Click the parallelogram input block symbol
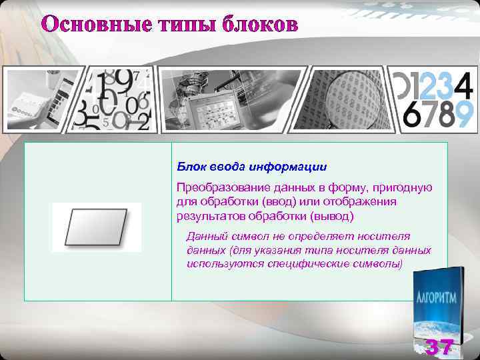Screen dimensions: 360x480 point(97,227)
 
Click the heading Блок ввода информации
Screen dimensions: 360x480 point(252,165)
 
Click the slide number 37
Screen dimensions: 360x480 point(440,347)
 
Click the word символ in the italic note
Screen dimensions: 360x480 point(244,236)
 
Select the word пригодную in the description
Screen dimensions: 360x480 point(407,188)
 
